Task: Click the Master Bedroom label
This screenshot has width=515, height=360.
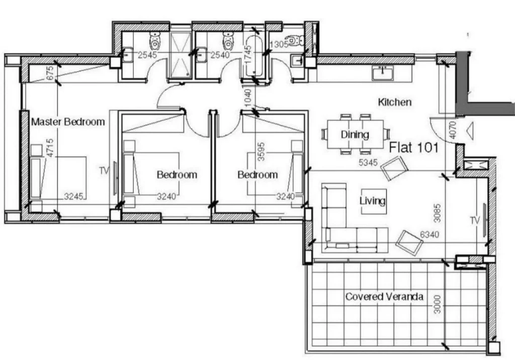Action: pos(68,122)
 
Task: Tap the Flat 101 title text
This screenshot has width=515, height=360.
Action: pos(414,147)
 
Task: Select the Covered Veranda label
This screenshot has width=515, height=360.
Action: pos(384,297)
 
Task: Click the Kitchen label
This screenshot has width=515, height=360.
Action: pos(394,102)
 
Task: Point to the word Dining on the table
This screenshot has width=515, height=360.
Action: pos(355,134)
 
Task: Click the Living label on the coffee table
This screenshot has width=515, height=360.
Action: pos(373,201)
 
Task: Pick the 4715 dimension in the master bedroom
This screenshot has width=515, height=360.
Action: pos(50,147)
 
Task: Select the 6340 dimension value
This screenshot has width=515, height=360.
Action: pos(430,234)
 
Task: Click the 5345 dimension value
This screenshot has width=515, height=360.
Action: pos(368,162)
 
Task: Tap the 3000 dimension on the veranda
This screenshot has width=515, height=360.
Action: pos(437,304)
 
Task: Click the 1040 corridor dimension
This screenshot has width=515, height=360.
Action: pos(248,98)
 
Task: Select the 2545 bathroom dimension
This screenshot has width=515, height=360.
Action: pos(147,55)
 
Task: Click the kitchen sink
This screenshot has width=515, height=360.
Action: pos(383,73)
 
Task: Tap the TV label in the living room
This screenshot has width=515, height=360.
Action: pos(475,220)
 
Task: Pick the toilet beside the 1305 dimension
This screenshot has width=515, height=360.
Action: pos(296,40)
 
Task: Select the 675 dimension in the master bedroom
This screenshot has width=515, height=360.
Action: pos(50,73)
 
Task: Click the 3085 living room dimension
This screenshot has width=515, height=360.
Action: pos(437,213)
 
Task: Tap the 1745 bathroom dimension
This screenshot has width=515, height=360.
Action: pos(248,54)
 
